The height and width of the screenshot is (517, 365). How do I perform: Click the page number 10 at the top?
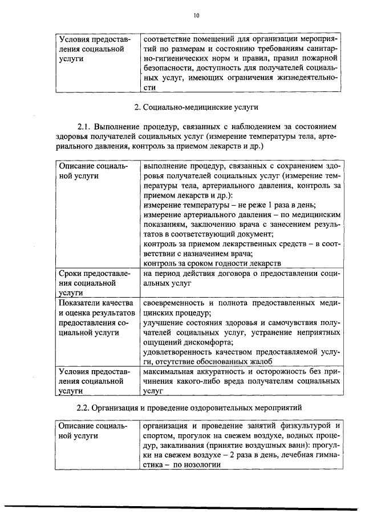pyautogui.click(x=196, y=15)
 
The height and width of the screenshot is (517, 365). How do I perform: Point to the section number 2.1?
pyautogui.click(x=84, y=126)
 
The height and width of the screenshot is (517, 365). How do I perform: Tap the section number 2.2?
pyautogui.click(x=84, y=407)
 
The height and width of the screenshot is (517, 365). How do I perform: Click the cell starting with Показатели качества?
pyautogui.click(x=94, y=317)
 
